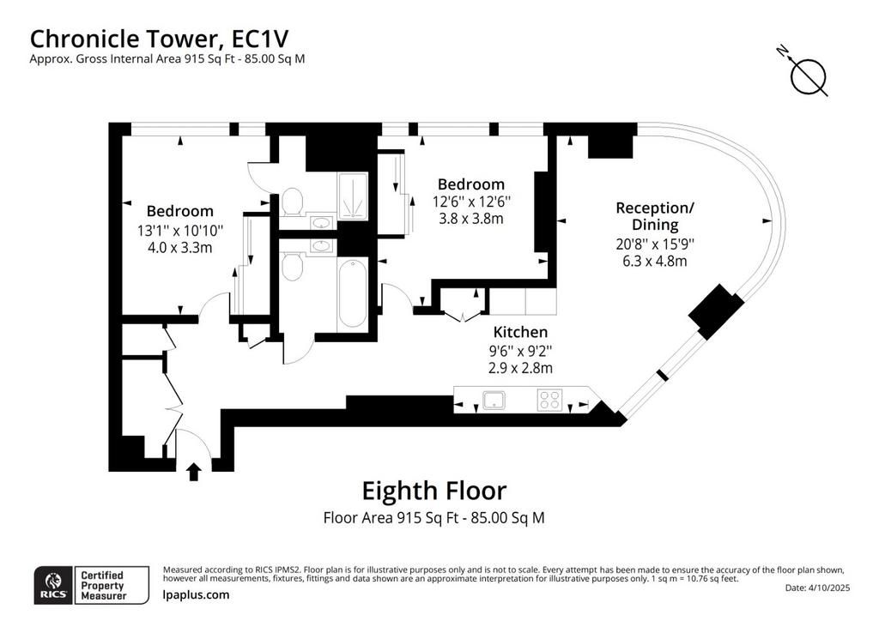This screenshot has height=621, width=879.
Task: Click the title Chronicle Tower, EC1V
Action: coord(159,39)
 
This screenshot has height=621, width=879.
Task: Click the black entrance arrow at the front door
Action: coord(194,472)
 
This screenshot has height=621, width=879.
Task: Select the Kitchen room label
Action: coord(520,332)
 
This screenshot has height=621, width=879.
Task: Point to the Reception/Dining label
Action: coord(655,216)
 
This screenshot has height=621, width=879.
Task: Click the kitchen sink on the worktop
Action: coord(494,401)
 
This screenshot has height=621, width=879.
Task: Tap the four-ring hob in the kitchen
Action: coord(549,401)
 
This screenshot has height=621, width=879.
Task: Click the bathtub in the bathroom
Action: coord(352,294)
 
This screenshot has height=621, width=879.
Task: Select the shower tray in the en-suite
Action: coord(353,196)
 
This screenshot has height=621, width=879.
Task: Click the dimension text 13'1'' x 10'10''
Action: coord(180,230)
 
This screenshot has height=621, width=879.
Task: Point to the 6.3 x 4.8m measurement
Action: coord(655,261)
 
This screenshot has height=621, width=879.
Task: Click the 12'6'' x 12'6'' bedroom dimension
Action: coord(471,201)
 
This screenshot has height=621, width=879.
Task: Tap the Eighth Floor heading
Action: coord(433,491)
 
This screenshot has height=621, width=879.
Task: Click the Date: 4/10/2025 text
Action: coord(817,588)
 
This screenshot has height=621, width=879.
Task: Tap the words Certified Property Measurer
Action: coord(104,585)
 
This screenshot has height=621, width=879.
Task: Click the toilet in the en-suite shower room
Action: coord(292,202)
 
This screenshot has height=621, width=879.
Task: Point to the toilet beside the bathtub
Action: coord(292,267)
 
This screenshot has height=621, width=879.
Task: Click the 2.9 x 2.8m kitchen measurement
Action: coord(520,368)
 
